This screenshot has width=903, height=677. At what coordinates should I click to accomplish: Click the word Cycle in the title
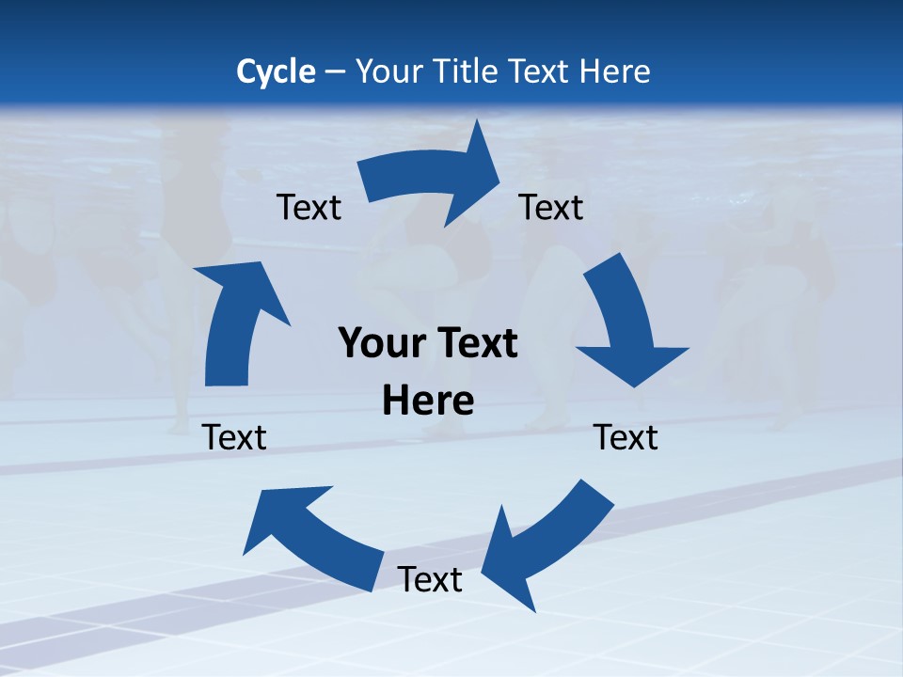point(276,71)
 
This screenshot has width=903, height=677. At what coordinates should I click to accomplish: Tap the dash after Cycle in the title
point(336,71)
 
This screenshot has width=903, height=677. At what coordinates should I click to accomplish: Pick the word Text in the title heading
point(541,71)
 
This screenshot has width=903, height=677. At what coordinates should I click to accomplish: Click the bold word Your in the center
point(382,344)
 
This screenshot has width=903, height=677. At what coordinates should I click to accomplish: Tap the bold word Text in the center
point(475,344)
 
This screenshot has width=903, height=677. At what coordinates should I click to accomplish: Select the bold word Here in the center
point(428,401)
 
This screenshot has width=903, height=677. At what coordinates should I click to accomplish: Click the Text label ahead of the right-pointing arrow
point(551,207)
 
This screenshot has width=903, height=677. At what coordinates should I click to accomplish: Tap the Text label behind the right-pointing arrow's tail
point(309,207)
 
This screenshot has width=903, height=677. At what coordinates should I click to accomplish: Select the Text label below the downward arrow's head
point(626,437)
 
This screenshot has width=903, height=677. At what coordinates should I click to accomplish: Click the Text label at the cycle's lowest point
point(430,579)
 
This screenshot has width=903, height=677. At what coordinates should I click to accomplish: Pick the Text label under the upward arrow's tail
point(235,437)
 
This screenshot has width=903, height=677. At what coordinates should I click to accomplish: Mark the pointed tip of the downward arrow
point(638,386)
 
